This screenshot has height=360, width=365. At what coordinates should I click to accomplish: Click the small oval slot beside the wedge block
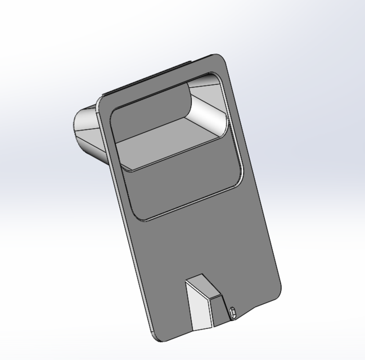232,311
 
